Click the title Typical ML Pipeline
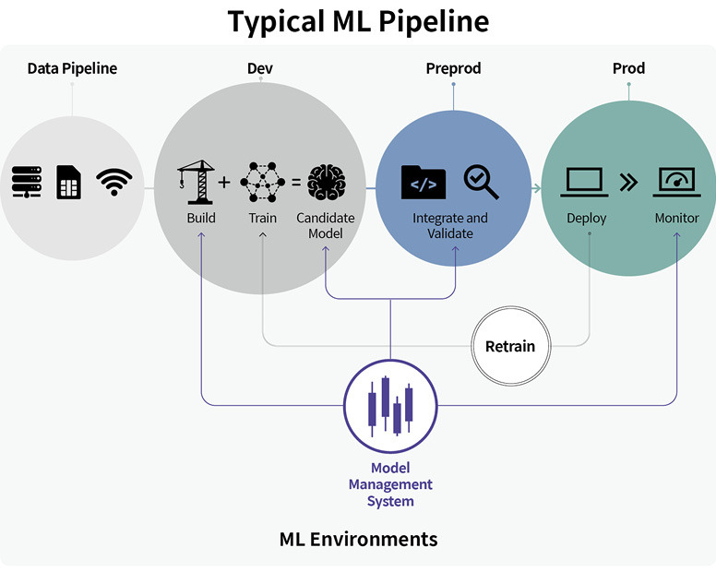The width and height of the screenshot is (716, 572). click(x=359, y=21)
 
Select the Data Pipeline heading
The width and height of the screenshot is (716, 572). click(x=72, y=68)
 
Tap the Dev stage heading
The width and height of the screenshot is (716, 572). click(x=260, y=68)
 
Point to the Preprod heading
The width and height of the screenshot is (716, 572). click(x=453, y=68)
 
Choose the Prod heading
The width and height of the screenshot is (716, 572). click(x=628, y=68)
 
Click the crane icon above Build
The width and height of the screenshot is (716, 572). click(x=197, y=181)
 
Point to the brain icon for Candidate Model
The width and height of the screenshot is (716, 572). click(x=326, y=182)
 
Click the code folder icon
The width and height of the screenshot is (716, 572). click(x=424, y=182)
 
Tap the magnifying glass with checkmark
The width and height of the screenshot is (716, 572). click(x=481, y=182)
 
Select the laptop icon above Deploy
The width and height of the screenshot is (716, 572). click(x=585, y=181)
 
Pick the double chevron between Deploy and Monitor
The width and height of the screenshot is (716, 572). click(x=629, y=182)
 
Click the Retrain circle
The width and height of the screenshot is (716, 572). click(x=510, y=347)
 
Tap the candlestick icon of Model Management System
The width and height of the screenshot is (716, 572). click(x=389, y=406)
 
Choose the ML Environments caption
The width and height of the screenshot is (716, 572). click(x=358, y=538)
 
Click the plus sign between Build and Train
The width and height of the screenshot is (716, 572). click(x=224, y=182)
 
